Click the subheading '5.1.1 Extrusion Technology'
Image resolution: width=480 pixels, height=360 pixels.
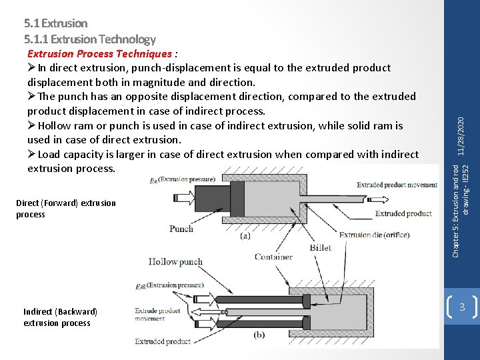point(89,39)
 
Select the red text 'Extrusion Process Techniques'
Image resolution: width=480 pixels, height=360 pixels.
point(99,53)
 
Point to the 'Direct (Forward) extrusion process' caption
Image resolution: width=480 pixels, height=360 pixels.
point(65,209)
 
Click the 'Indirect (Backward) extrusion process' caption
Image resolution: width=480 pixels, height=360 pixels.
point(60,317)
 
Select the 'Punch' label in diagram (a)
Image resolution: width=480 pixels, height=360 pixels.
point(181,229)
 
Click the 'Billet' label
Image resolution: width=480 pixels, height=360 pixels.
point(320,247)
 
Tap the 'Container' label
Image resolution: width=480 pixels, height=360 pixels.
point(273,257)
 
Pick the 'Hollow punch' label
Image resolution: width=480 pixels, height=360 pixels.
point(175,262)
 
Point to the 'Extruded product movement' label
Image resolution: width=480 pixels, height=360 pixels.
point(397,185)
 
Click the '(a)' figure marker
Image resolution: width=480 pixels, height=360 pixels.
point(245,235)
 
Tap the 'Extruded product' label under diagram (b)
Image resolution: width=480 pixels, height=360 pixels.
point(162,342)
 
